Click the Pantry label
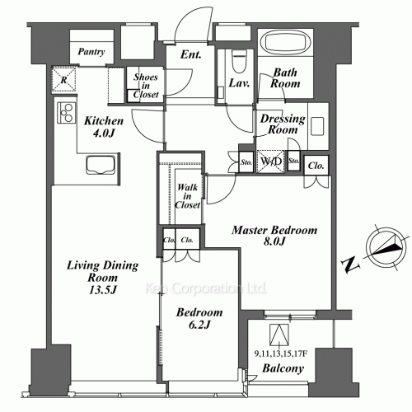coord(91,51)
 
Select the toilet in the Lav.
coord(239,61)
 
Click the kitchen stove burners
coord(67,112)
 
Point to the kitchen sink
coord(101,165)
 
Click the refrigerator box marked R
coord(63,79)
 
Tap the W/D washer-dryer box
coord(271,162)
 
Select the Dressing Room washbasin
coord(317,126)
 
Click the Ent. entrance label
coord(191,54)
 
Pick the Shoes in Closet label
coord(146,86)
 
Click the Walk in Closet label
coord(188,196)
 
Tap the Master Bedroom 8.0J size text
coord(274,241)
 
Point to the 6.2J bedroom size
coord(199,325)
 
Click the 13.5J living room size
coord(103,290)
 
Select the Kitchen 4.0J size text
coord(103,133)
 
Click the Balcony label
coord(283,368)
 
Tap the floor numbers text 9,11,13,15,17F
coord(280,354)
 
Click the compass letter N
coord(350,265)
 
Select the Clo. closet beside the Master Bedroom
coord(316,166)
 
